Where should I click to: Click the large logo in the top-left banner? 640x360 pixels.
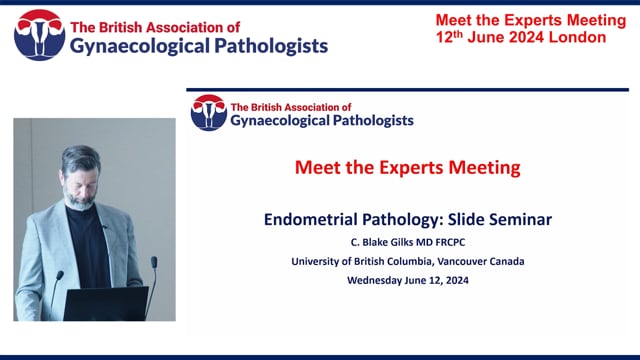(38, 35)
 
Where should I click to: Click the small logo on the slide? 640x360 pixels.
(208, 112)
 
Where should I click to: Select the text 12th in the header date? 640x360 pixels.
(438, 37)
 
